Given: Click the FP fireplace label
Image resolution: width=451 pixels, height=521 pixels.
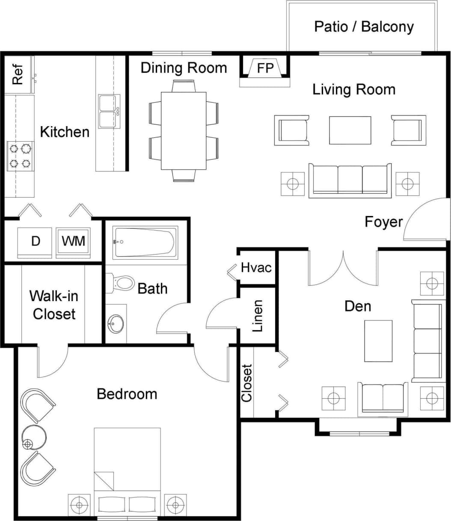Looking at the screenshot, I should click(x=265, y=68).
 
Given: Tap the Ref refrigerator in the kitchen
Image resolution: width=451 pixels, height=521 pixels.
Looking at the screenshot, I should click(x=18, y=75).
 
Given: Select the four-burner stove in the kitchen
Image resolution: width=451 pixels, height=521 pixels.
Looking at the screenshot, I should click(x=21, y=156).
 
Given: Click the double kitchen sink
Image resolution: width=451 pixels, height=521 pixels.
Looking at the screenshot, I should click(x=109, y=112).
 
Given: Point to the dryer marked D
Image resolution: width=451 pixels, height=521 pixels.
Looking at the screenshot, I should click(x=35, y=242).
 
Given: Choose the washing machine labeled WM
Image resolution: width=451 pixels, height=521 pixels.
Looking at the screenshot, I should click(x=74, y=242).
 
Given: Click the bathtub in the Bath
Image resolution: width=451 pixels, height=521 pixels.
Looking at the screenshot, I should click(x=145, y=243).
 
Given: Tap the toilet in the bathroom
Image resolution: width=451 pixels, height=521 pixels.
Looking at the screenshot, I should click(x=122, y=283).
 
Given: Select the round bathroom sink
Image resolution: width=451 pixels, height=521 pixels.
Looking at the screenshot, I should click(x=116, y=324).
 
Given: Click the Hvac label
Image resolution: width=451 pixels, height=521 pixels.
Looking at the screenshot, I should click(x=256, y=268).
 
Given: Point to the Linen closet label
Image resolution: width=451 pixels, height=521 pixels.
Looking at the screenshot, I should click(x=257, y=316).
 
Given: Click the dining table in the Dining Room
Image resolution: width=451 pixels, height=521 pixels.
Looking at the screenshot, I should click(x=184, y=131).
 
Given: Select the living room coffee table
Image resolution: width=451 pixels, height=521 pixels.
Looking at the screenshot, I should click(x=350, y=130).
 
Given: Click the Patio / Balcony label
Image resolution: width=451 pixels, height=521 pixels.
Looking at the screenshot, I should click(x=364, y=27).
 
